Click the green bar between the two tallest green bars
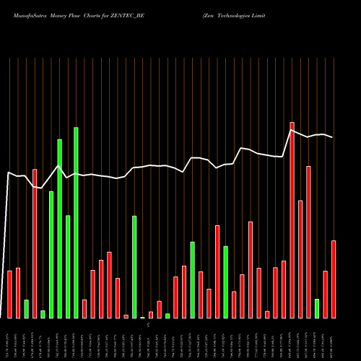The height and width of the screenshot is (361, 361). coord(68,266)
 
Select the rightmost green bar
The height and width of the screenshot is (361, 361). coord(316,308)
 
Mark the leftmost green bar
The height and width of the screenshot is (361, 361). coord(26,308)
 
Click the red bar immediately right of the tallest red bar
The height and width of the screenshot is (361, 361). coord(300,259)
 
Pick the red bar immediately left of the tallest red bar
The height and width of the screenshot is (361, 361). coord(284,289)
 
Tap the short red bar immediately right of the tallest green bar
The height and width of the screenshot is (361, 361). coord(84,308)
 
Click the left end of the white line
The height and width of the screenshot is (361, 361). coord(7,173)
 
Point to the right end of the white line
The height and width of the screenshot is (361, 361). coord(333,137)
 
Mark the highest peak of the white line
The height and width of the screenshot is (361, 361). coord(292,131)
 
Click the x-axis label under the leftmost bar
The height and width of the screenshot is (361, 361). coord(9,339)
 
